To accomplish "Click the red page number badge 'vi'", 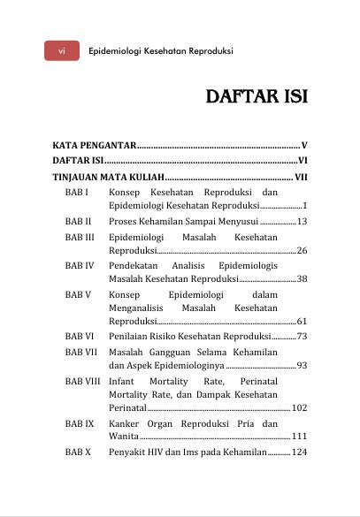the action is tap(62, 51).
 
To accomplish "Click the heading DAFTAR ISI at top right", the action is tap(256, 96).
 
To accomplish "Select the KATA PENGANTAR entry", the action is tap(93, 144).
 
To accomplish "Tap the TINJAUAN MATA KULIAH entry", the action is tap(107, 177).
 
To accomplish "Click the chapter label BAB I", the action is tap(75, 192).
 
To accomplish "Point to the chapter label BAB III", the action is tap(80, 238).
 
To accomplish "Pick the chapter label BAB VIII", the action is tap(82, 381).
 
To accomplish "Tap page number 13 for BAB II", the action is tap(302, 222).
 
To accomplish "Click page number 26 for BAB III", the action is tap(302, 252).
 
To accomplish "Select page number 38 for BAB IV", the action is tap(302, 279).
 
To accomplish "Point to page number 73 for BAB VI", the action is tap(302, 337).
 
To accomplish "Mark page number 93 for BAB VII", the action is tap(302, 365).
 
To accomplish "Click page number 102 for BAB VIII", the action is tap(299, 408).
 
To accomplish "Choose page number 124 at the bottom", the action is tap(299, 452).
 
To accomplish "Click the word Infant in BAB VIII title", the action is tap(123, 381).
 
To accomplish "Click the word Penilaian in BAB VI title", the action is tap(131, 337).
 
